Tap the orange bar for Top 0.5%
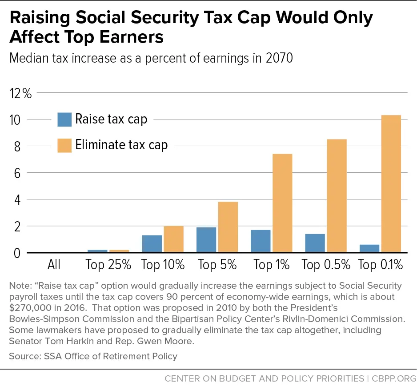(337, 196)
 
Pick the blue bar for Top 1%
(261, 241)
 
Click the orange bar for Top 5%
(228, 227)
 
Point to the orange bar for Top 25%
(119, 251)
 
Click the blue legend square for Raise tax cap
(64, 119)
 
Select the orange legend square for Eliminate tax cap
(64, 145)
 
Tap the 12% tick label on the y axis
(20, 94)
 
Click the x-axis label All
(54, 265)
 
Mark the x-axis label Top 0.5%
(326, 265)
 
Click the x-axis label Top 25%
(108, 265)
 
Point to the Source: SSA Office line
(93, 356)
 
